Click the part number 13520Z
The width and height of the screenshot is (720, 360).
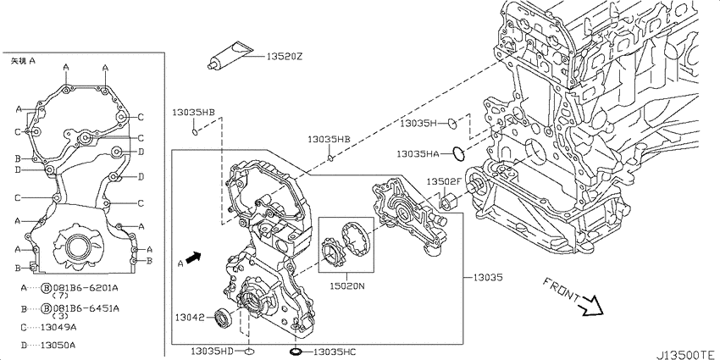tap(285, 57)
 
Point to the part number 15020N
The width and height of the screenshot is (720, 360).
tap(346, 286)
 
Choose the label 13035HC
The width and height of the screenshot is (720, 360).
tap(335, 352)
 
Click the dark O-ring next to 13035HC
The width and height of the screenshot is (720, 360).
tap(296, 352)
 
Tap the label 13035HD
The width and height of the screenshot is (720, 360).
tap(212, 352)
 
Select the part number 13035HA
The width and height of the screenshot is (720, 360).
tap(418, 154)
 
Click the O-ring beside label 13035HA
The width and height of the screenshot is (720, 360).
tap(458, 154)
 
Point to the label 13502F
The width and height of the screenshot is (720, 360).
tap(444, 181)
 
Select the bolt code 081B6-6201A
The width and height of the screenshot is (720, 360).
tap(86, 288)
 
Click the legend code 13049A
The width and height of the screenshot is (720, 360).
tap(58, 328)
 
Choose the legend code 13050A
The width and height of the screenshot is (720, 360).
tap(58, 345)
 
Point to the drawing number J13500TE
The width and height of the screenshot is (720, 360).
tap(687, 355)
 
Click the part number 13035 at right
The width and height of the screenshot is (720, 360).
tap(489, 277)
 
